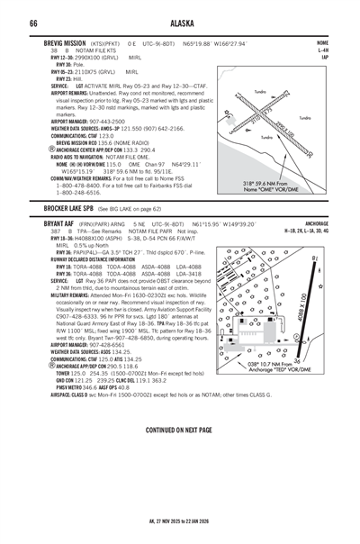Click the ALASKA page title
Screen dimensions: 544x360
coord(179,23)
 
